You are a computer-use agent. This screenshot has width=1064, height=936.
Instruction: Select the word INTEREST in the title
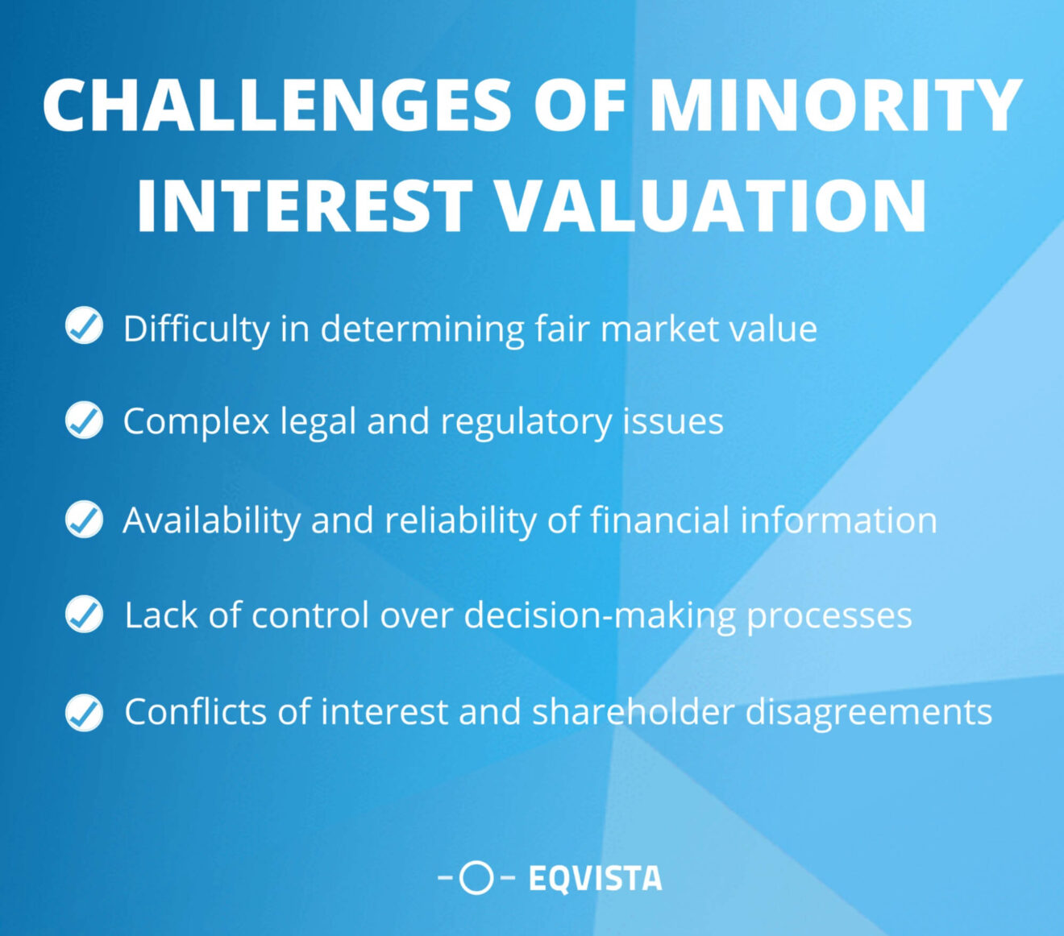(x=305, y=206)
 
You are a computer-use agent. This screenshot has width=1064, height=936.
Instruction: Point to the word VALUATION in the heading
(x=710, y=206)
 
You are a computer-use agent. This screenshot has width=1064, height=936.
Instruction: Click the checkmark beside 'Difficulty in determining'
(x=84, y=326)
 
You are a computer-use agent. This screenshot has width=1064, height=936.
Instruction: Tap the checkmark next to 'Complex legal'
(x=84, y=420)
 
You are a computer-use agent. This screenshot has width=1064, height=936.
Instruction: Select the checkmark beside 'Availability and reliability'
(x=84, y=519)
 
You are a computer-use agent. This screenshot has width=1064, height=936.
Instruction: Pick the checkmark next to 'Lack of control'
(x=84, y=615)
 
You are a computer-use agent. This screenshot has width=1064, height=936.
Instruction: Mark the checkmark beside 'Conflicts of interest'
(x=84, y=712)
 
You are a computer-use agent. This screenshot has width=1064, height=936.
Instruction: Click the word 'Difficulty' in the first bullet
(x=196, y=329)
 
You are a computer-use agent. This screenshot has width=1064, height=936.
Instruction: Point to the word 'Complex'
(x=196, y=422)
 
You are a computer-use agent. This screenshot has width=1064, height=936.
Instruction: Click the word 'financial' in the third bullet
(x=659, y=520)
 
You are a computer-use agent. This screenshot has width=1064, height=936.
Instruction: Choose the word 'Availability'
(x=211, y=520)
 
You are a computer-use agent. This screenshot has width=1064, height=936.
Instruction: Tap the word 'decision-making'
(x=600, y=616)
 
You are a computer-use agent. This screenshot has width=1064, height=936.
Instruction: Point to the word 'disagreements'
(x=868, y=712)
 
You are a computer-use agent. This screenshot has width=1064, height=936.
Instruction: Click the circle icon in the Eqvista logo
(x=476, y=877)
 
